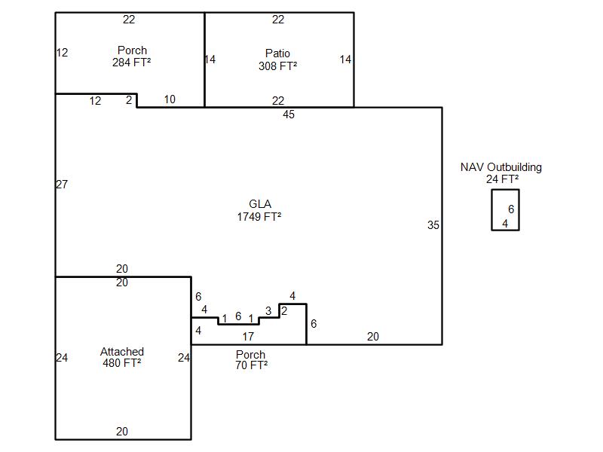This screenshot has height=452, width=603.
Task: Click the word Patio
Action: point(277,53)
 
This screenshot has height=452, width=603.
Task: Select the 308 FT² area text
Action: point(277,66)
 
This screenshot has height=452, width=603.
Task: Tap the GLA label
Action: point(260,204)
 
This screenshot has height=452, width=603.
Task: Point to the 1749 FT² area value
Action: point(259,217)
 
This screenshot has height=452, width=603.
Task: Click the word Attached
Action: point(122,352)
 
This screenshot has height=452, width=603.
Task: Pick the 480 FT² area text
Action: point(122,363)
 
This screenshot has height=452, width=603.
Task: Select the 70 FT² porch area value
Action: point(252,365)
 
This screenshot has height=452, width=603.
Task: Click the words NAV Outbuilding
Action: point(501,167)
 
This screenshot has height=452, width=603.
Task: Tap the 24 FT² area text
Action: point(502,179)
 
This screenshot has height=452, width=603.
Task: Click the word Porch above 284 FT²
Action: point(132,50)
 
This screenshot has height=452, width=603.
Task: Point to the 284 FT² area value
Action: point(131,63)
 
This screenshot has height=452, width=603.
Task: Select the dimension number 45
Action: point(289,115)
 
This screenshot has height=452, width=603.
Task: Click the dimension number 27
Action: point(62,185)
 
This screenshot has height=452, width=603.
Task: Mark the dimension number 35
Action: point(433,225)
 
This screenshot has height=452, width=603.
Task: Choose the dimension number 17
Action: point(248,337)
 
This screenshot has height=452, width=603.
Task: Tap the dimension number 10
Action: point(170,99)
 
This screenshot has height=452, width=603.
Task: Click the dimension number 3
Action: point(268,310)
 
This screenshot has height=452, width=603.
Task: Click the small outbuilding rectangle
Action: point(492,210)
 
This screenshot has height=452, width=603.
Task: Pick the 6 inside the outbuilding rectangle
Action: point(511,209)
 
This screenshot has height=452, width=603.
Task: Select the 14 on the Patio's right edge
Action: point(345,60)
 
